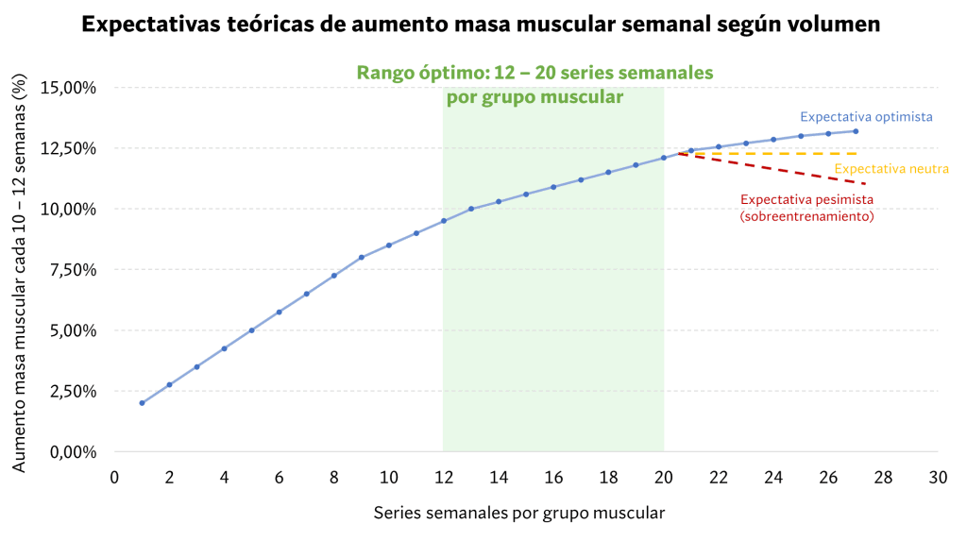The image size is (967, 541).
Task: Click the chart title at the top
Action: tap(482, 25)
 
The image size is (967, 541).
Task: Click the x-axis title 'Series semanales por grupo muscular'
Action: tap(519, 513)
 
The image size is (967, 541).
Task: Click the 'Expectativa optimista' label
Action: tap(867, 118)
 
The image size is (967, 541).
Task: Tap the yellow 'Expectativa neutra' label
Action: tap(891, 169)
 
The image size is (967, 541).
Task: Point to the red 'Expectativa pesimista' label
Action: tap(807, 200)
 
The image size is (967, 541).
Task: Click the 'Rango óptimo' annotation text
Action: tap(534, 73)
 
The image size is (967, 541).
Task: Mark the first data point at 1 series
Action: tap(142, 402)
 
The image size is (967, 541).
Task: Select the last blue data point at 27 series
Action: tap(856, 131)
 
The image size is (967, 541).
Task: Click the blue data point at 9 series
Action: tap(362, 257)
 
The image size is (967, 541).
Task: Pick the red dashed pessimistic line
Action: tap(784, 170)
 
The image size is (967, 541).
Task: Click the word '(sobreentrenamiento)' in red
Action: tap(806, 216)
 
